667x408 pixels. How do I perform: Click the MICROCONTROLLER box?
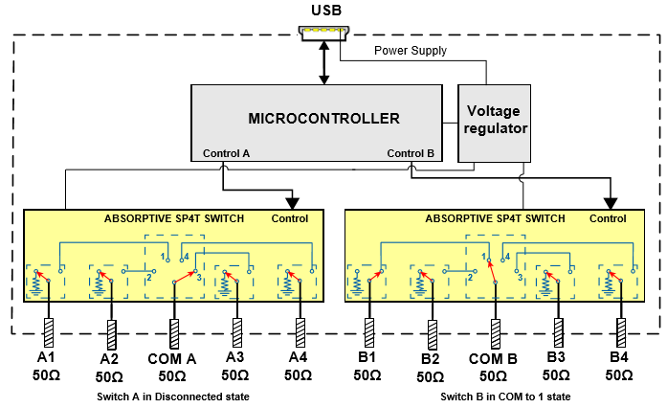coord(323,119)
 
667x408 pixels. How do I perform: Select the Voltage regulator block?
coord(496,120)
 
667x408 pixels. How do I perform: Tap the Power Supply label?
coord(410,51)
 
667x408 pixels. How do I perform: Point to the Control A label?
coord(227,153)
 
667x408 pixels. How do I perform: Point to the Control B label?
coord(411,153)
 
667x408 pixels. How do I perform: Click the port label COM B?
coord(494,359)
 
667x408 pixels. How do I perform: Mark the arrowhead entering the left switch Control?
coord(291,202)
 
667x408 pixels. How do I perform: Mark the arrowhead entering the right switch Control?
coord(609,202)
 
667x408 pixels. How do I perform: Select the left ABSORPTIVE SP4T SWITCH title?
coord(174,219)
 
